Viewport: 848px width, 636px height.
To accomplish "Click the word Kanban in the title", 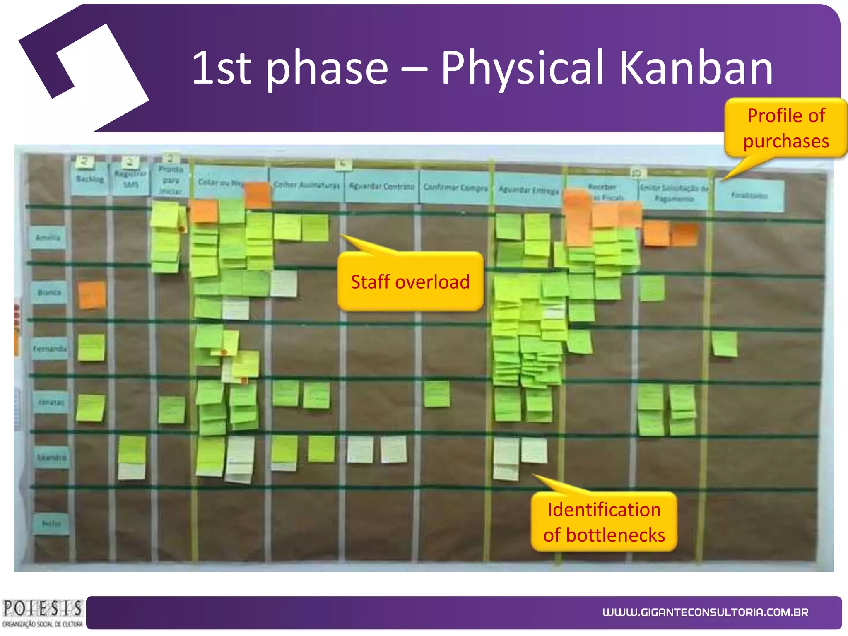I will pos(696,67).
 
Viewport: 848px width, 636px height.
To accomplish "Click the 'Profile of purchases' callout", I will pos(785,128).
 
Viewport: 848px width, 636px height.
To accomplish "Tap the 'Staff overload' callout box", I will pos(410,282).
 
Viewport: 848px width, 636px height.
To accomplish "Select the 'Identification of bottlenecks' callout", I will pos(604,522).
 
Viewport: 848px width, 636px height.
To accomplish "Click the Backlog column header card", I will pos(90,179).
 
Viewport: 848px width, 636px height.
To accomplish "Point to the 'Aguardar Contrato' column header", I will pos(381,187).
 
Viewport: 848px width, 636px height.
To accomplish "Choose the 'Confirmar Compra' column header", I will pos(455,188).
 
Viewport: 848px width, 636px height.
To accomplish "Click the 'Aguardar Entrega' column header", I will pos(528,190).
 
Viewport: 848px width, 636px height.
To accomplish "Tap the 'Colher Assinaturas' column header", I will pos(306,185).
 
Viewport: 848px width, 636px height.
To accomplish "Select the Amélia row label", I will pos(48,238).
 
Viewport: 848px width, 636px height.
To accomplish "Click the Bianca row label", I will pos(49,292).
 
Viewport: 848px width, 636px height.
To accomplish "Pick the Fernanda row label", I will pos(50,349).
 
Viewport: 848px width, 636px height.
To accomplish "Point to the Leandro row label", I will pos(52,458).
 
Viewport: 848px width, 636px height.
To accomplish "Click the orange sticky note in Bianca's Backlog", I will pos(92,295).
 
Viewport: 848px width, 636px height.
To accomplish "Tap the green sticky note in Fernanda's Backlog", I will pos(92,347).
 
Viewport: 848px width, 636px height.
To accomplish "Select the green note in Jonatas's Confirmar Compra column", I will pos(437,394).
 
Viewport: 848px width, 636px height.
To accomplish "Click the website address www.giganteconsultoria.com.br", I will pos(705,612).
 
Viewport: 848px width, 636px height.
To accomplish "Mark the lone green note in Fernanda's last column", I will pos(725,344).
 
